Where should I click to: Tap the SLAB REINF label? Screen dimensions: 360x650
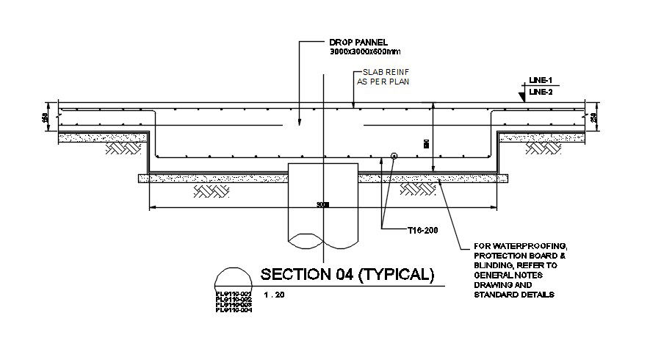point(380,72)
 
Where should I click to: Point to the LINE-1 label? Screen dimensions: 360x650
point(540,79)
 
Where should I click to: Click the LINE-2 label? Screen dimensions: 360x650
point(540,92)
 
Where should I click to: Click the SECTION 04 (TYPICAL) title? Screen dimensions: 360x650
point(347,275)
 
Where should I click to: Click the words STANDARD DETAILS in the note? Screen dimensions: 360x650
point(513,295)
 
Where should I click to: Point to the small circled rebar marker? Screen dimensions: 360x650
point(394,156)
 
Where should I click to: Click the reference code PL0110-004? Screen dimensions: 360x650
point(234,311)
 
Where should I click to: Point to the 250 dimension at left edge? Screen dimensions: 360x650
point(46,117)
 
